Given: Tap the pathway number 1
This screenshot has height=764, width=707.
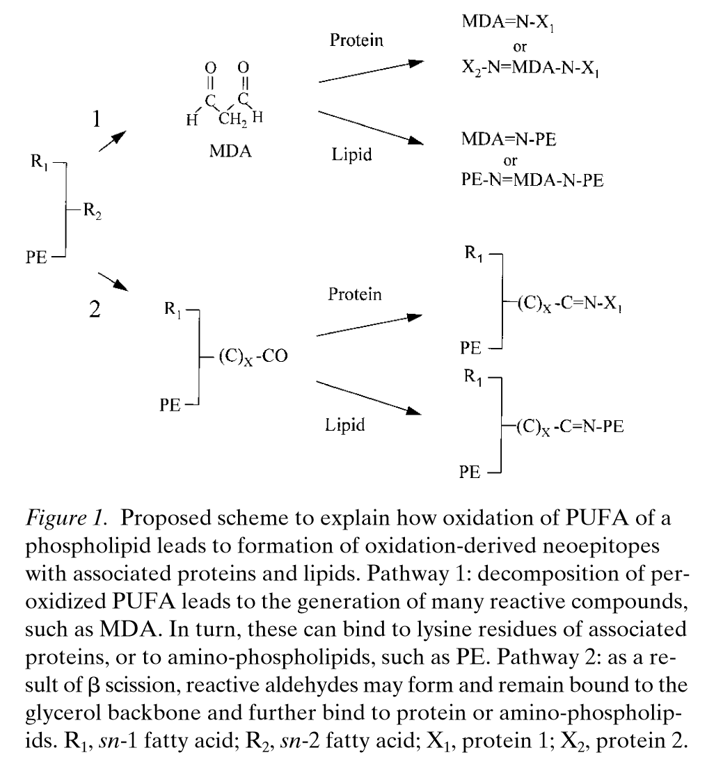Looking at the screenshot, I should [x=97, y=120].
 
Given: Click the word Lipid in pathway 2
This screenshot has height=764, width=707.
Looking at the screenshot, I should [x=344, y=424].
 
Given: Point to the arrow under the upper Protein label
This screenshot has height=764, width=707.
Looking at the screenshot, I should [x=370, y=72].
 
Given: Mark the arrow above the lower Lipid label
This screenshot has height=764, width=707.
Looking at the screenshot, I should [x=370, y=398].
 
